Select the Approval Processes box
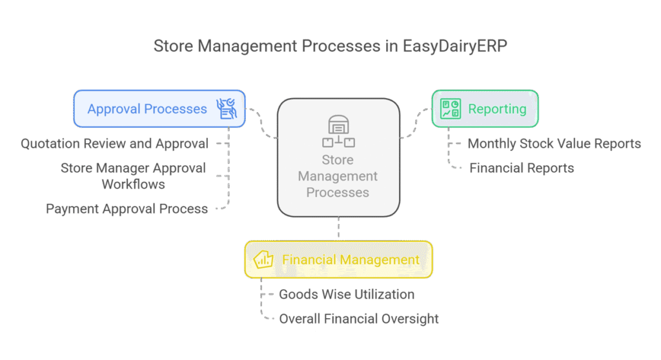pos(159,108)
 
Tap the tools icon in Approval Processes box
pos(227,108)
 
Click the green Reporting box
pos(485,108)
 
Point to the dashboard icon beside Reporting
pos(451,108)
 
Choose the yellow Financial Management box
pos(338,259)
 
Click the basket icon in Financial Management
pos(264,260)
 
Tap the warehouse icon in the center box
pos(338,131)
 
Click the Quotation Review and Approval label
pos(114,143)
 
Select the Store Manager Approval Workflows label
pos(133,176)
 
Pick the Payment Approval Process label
pos(127,209)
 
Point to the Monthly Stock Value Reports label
pos(554,143)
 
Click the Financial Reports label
pos(522,168)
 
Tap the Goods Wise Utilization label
pos(347,294)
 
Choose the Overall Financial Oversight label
pos(359,318)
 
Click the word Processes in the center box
pos(338,192)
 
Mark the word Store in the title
pos(174,47)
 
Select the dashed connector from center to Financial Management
pos(338,228)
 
